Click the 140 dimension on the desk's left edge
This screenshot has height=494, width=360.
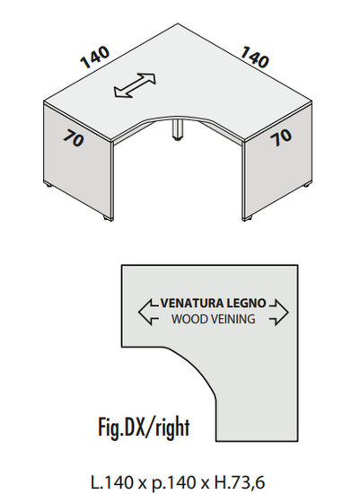[x=95, y=57]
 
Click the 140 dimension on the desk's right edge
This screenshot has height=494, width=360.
[x=255, y=57]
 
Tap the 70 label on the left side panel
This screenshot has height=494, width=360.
[x=74, y=138]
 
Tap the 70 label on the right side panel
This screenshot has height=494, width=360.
[x=281, y=137]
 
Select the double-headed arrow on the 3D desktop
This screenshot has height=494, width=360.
[x=135, y=85]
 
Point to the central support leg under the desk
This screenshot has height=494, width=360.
[x=176, y=129]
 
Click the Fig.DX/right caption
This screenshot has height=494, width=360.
[x=144, y=428]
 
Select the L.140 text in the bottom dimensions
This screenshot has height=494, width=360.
[x=112, y=482]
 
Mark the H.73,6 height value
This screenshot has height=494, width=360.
[x=239, y=483]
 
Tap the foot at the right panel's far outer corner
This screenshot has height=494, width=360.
[x=305, y=186]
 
